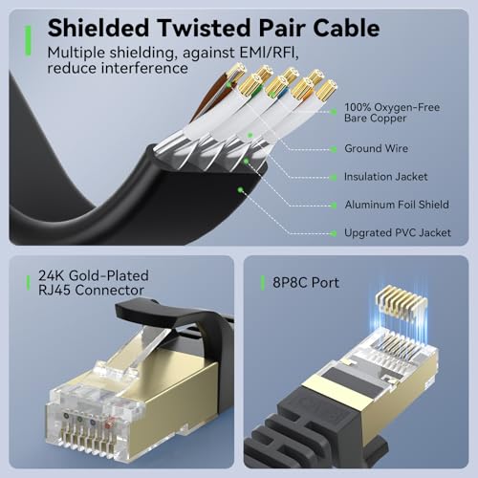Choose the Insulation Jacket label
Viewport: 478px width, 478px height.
pyautogui.click(x=385, y=177)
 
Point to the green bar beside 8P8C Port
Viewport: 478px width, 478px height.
pyautogui.click(x=261, y=283)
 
